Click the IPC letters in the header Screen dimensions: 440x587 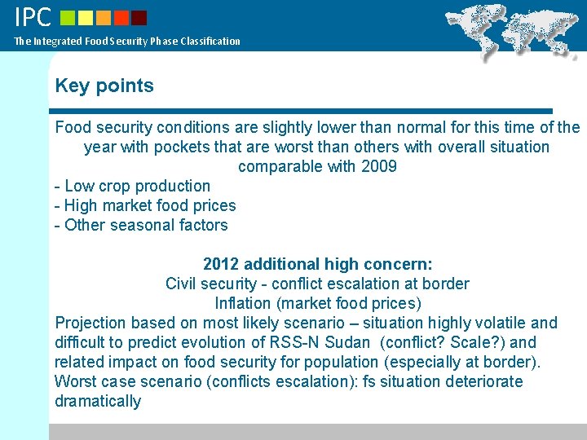pos(33,16)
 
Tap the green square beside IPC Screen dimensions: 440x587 pos(68,17)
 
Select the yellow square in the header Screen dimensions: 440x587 pos(87,17)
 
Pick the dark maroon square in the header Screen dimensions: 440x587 pos(139,17)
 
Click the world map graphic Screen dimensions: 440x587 pos(514,29)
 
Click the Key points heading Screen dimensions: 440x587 pos(104,86)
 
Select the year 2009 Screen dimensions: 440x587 pos(378,166)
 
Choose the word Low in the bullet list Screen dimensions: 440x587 pos(78,186)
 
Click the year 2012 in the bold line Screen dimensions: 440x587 pos(220,264)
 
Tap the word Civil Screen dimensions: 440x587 pos(183,284)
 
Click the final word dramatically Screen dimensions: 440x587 pos(98,401)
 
